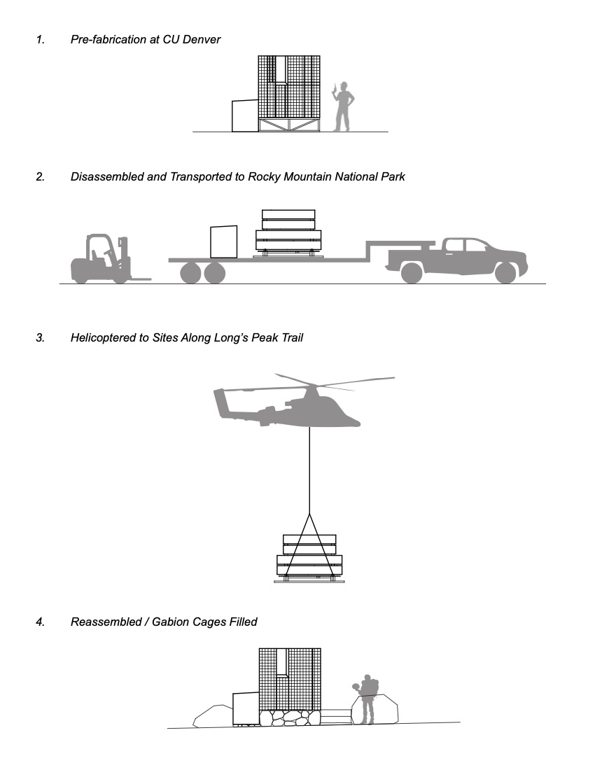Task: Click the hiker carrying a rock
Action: pyautogui.click(x=367, y=700)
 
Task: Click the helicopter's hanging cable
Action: pyautogui.click(x=309, y=469)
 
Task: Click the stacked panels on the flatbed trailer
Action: pyautogui.click(x=288, y=232)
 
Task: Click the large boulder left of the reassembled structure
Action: pyautogui.click(x=213, y=717)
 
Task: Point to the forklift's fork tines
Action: pyautogui.click(x=140, y=279)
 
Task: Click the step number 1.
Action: pyautogui.click(x=40, y=40)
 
